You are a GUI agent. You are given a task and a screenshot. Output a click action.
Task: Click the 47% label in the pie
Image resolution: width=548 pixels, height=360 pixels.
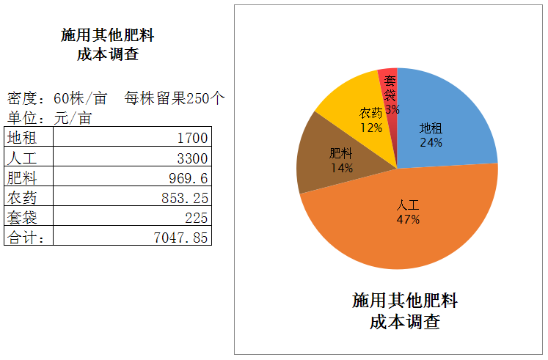(408, 219)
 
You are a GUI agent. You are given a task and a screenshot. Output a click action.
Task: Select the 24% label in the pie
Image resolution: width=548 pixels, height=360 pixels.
(431, 142)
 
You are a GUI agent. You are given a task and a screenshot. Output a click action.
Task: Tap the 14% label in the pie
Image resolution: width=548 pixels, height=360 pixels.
(342, 168)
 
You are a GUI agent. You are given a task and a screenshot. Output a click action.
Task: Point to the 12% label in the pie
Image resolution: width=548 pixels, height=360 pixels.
(370, 127)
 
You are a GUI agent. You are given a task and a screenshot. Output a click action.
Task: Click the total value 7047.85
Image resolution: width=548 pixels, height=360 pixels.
(180, 238)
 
